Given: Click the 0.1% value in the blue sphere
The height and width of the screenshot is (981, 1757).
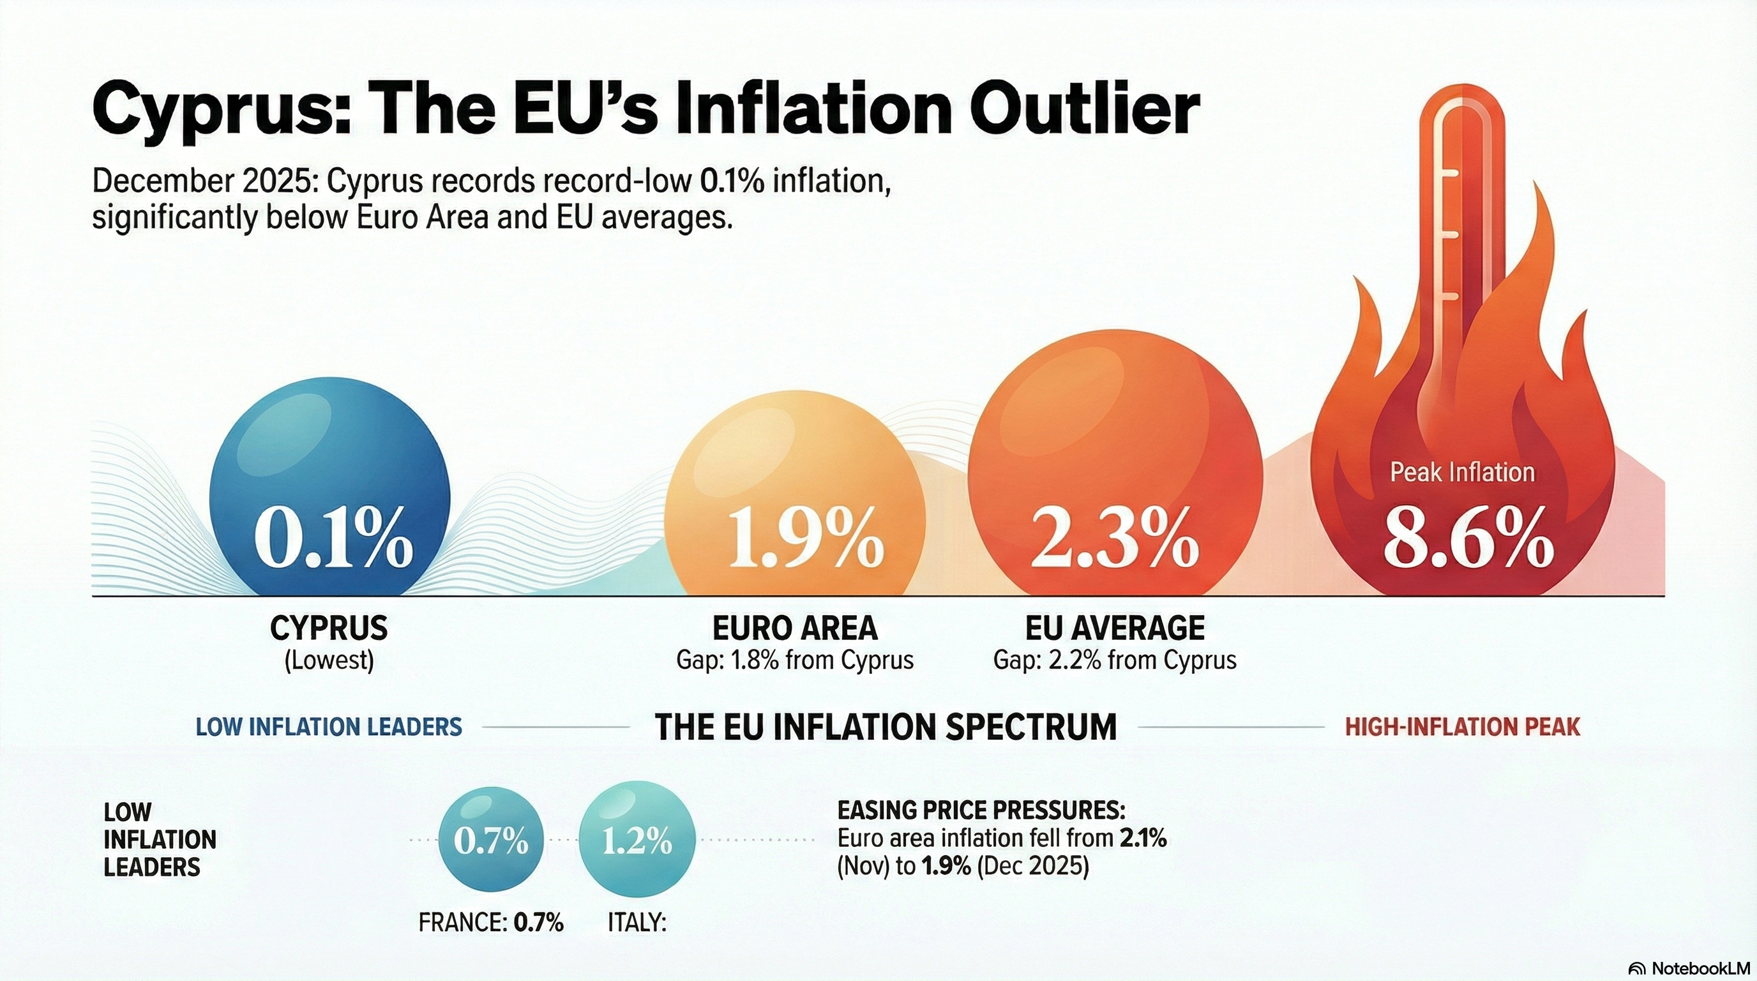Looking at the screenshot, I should click(x=333, y=538).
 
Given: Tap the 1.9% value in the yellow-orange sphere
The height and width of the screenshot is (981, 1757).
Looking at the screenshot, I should click(x=806, y=538).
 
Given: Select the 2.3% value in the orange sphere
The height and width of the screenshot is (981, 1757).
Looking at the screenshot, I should click(x=1114, y=538).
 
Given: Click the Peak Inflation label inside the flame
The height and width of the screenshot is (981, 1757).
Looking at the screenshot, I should click(x=1461, y=472).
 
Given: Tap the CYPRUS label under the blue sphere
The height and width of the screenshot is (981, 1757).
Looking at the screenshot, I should click(x=329, y=628).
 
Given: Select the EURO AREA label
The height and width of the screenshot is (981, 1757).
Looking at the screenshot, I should click(x=795, y=628).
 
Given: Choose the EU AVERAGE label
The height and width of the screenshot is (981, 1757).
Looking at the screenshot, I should click(x=1115, y=628).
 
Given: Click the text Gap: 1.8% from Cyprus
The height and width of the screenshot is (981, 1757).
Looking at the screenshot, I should click(x=795, y=660).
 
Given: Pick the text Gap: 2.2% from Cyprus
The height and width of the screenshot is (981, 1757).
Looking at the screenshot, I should click(x=1115, y=660).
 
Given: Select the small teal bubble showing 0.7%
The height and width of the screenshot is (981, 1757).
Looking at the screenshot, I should click(x=491, y=840).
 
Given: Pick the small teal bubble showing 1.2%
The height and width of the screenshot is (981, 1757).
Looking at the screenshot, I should click(x=637, y=840).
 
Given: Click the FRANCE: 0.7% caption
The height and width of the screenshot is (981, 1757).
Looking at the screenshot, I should click(x=491, y=923).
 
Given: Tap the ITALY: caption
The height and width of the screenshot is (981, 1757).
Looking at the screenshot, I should click(x=637, y=923).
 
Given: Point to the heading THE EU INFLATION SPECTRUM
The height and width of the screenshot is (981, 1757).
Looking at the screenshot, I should click(x=886, y=727).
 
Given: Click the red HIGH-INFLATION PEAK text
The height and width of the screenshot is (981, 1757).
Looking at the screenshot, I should click(x=1462, y=727).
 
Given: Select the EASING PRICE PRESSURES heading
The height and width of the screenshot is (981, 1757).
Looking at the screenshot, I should click(x=981, y=810).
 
